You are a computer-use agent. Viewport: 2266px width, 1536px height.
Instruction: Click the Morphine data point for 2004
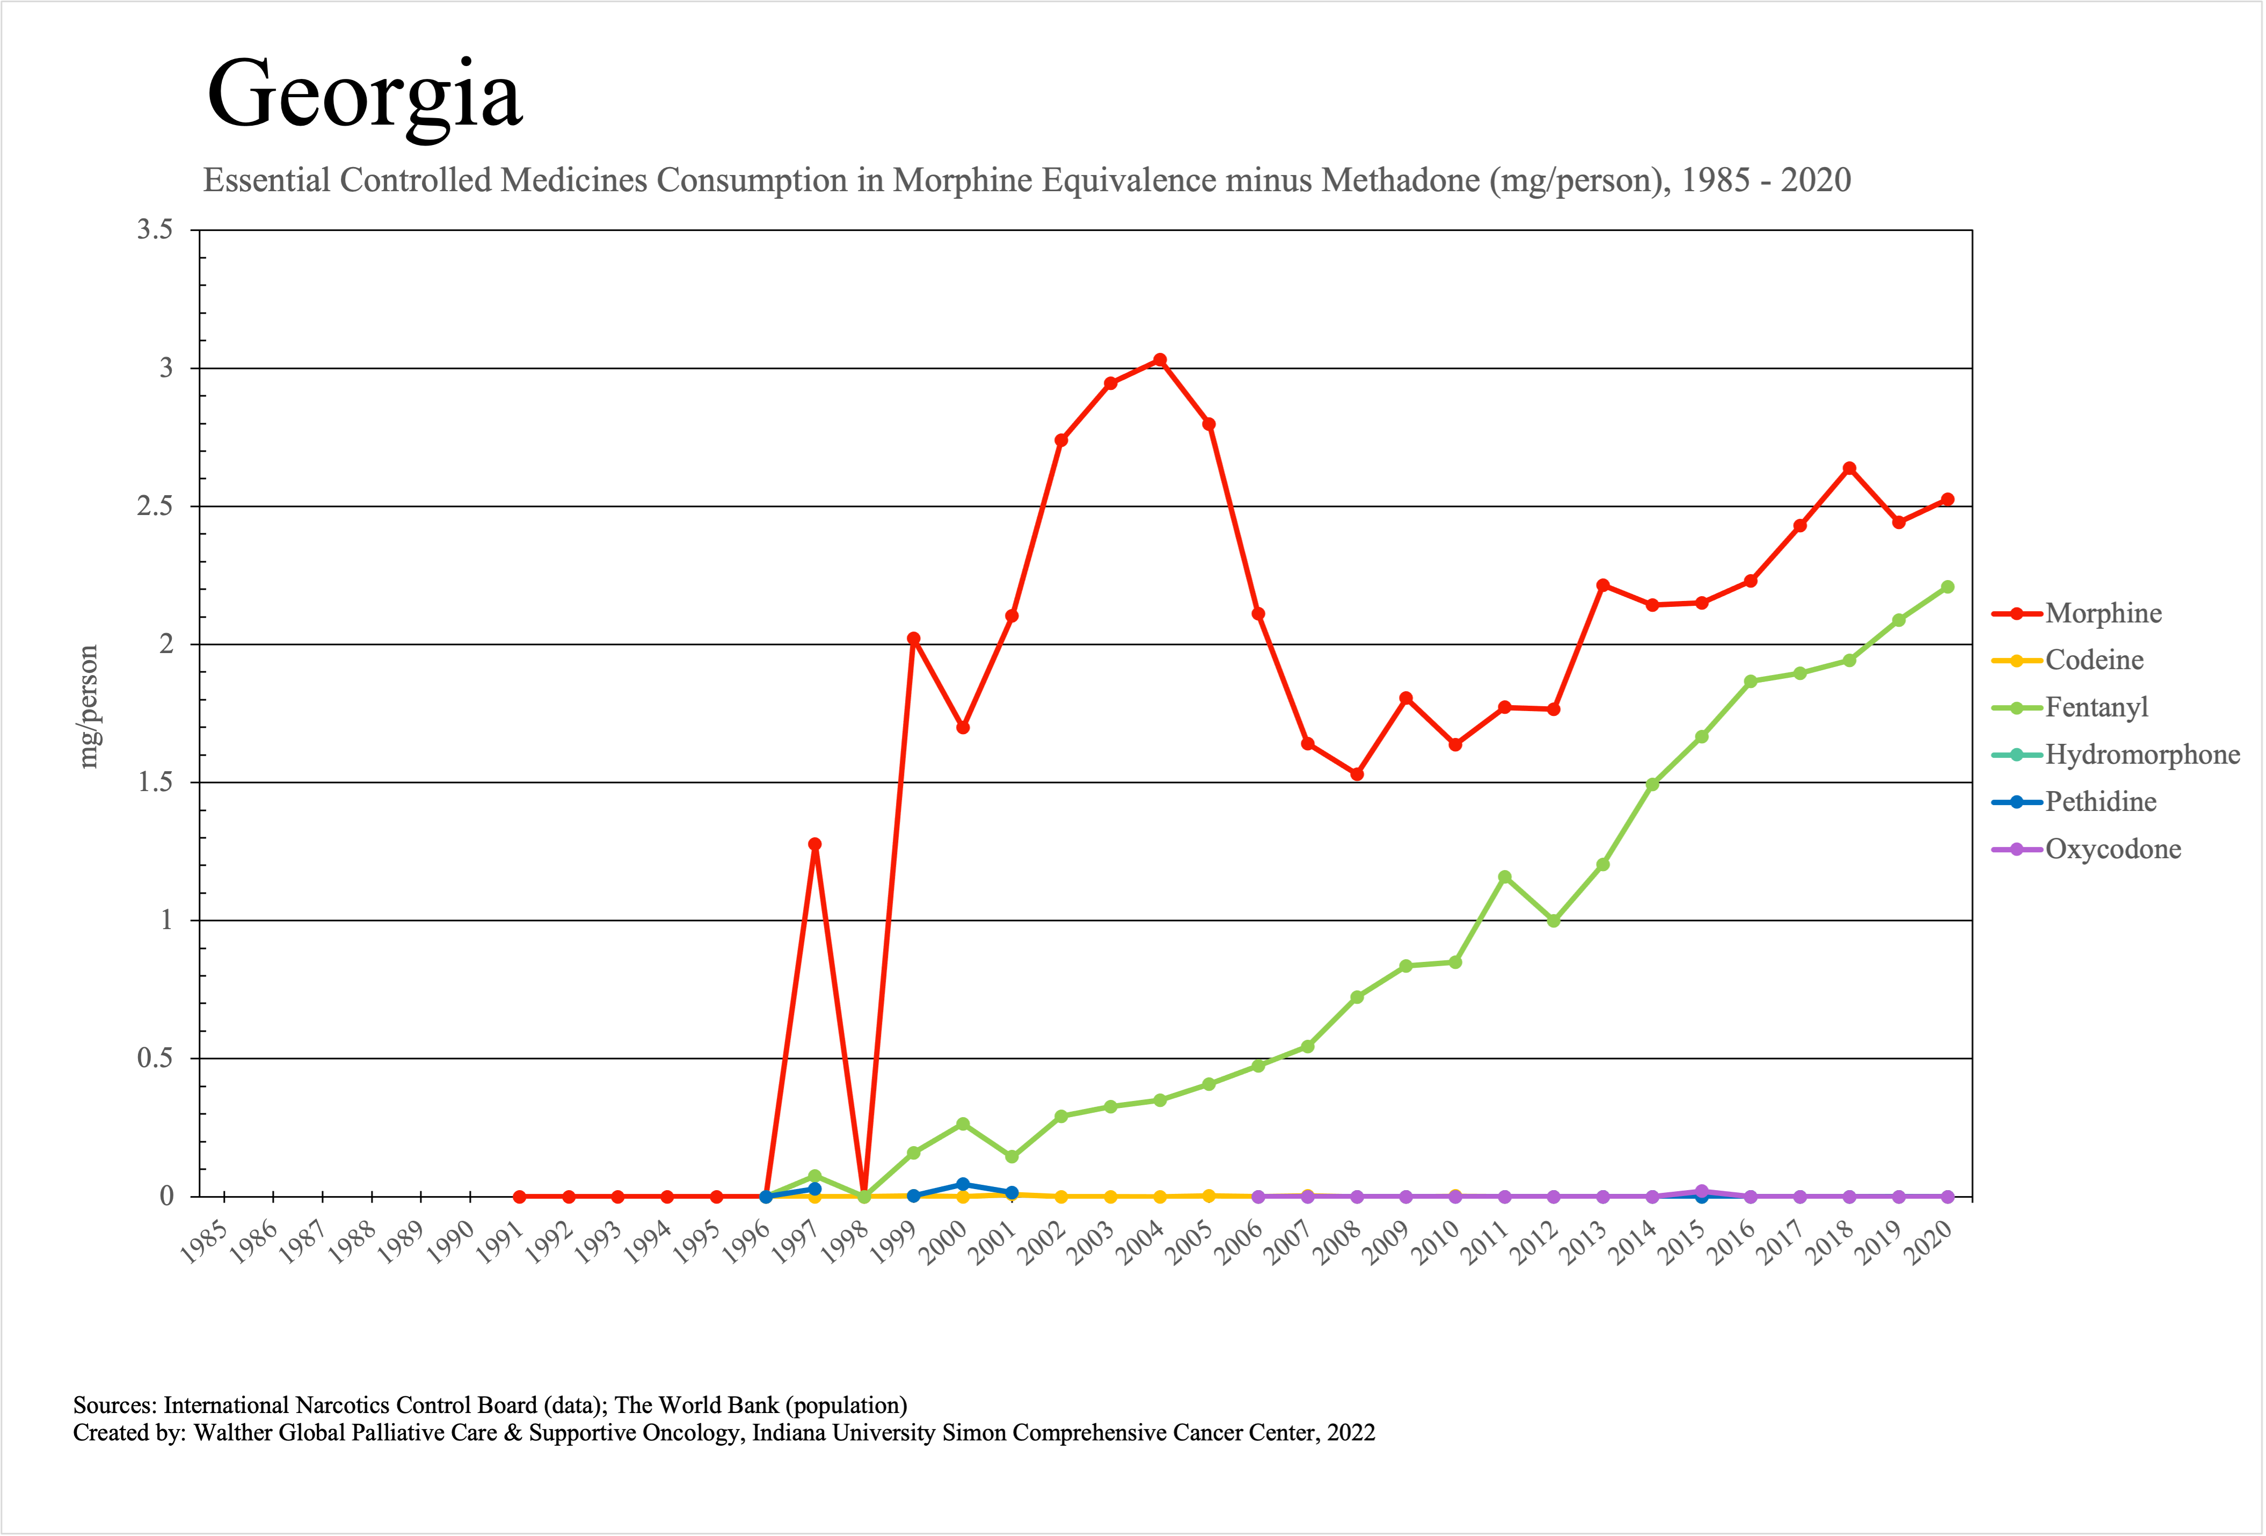[x=1160, y=360]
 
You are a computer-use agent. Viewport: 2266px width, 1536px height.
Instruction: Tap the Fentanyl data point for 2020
[x=1947, y=587]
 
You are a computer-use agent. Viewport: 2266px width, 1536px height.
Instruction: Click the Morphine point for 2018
[x=1849, y=469]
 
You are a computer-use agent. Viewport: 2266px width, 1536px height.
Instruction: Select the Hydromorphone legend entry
[x=2141, y=755]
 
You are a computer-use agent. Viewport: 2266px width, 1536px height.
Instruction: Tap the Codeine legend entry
[x=2094, y=660]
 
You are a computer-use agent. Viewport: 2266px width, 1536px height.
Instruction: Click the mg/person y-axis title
[x=89, y=707]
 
